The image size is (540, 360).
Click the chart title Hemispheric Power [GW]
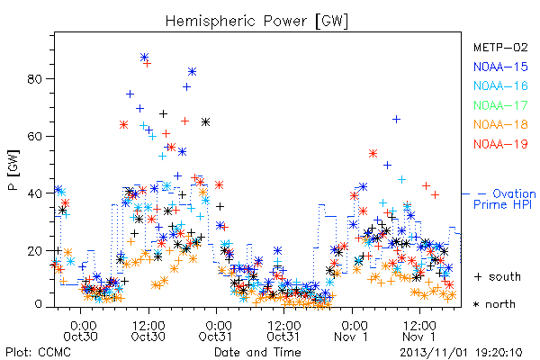point(256,22)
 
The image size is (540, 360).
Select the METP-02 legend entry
point(500,47)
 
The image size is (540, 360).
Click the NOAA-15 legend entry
point(500,67)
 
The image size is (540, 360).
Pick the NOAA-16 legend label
point(500,85)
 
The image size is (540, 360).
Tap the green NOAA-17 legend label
point(500,105)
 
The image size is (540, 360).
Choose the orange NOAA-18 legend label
point(500,124)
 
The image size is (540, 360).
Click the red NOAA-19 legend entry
point(500,144)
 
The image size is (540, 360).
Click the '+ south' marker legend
point(498,276)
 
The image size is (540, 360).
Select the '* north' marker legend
point(494,304)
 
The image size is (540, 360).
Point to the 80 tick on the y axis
point(34,79)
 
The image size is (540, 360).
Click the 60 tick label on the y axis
point(34,136)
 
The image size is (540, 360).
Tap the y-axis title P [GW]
point(14,170)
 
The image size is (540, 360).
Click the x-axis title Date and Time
point(257,353)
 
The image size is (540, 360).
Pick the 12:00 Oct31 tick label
point(283,331)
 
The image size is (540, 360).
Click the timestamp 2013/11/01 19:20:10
point(461,353)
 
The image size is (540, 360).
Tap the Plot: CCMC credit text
point(38,353)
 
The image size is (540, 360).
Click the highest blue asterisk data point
point(144,57)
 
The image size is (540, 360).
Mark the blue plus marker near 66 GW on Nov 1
point(396,120)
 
